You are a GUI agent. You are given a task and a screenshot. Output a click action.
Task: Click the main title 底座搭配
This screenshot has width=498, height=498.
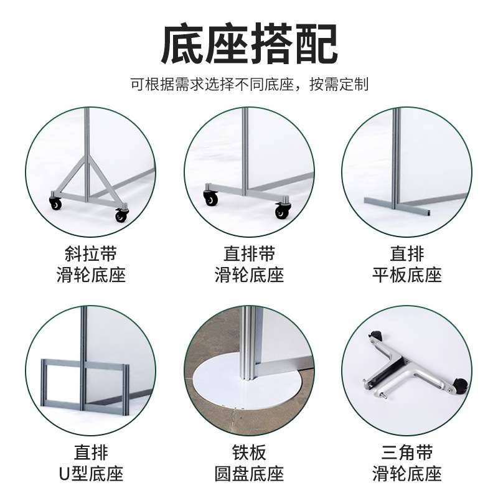pos(250,44)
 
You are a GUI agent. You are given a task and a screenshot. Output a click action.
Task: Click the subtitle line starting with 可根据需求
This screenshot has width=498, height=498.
pos(250,84)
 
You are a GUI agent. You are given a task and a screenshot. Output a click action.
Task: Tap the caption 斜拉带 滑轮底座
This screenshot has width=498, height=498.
pos(91,264)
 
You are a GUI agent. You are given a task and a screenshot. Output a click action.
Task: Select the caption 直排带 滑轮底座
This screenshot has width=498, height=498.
pos(250,264)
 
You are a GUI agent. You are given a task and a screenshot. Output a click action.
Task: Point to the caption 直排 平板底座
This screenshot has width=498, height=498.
pos(407,264)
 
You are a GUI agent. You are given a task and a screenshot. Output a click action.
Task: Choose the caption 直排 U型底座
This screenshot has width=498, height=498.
pos(91,463)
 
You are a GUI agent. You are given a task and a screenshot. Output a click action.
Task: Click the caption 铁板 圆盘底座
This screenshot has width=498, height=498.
pos(250,463)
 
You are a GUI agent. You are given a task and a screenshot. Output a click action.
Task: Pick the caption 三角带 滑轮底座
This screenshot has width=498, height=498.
pos(407,463)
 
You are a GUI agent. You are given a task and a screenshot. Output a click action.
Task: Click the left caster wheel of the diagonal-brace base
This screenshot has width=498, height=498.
pos(55,204)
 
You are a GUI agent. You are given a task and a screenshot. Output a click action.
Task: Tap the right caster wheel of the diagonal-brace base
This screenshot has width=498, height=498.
pos(121,215)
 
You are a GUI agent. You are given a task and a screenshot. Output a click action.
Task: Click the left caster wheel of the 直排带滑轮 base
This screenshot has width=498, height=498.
pos(210,199)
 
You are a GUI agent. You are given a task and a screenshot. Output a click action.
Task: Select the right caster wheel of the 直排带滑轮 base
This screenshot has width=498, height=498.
pos(283,211)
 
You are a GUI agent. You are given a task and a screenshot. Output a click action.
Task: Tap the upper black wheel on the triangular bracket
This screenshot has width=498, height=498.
pos(377,335)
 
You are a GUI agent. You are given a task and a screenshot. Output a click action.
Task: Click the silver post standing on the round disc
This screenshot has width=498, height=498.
pos(250,343)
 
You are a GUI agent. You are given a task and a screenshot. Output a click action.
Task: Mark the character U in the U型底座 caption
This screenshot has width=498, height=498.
pos(64,474)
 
